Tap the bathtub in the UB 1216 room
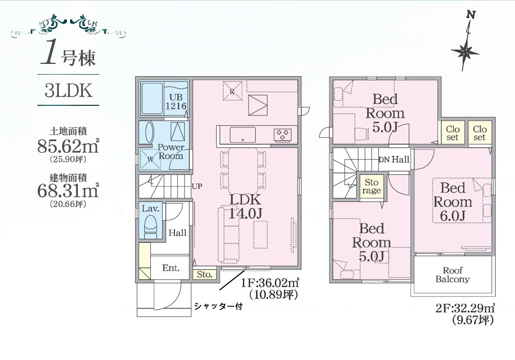coord(152,98)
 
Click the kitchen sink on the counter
coord(243,134)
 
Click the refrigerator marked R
coord(233,91)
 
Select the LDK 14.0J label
coord(244,206)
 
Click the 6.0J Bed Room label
coord(453,201)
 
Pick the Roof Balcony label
coord(453,275)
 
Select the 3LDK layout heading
coord(69,91)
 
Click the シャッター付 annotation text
coord(218,306)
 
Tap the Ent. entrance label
coord(171,268)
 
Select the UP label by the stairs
coord(197,186)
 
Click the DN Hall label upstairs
coord(394,160)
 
